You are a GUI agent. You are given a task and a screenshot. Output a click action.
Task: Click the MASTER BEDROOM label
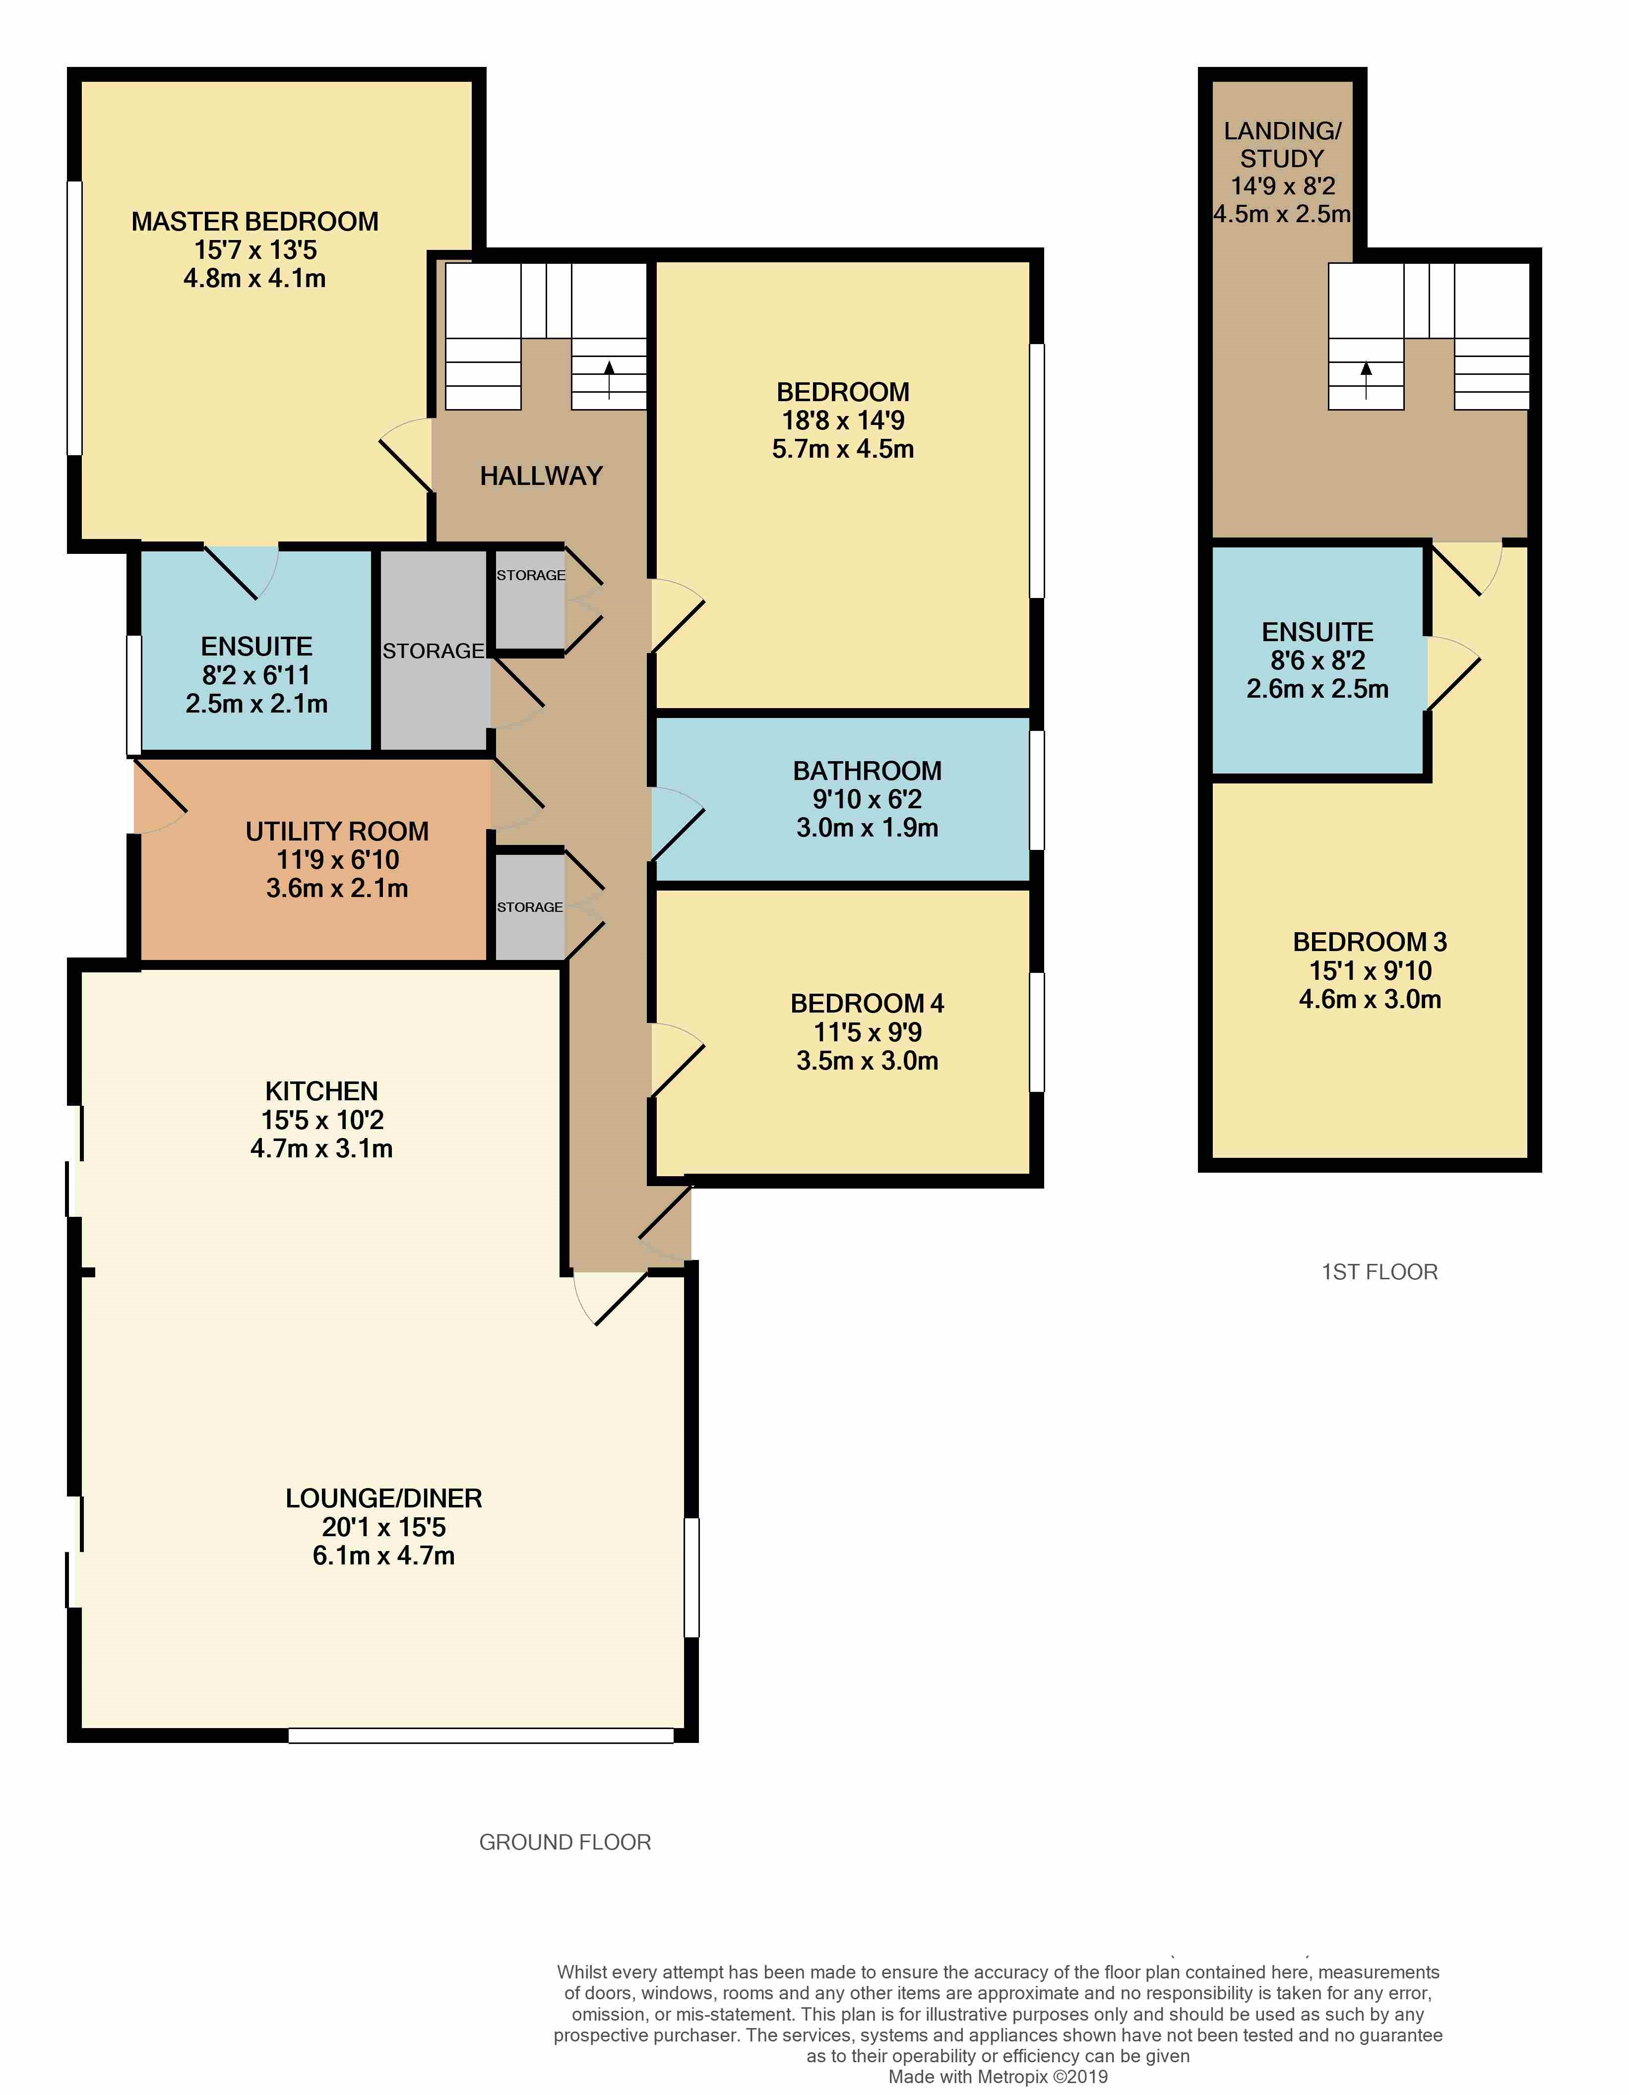[254, 222]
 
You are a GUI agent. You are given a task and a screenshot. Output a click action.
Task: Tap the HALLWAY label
[541, 476]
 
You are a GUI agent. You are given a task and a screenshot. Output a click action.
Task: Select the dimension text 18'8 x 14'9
[842, 420]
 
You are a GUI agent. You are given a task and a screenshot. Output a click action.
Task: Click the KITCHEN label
[321, 1091]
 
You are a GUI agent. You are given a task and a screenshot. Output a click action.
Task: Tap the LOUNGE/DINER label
[384, 1498]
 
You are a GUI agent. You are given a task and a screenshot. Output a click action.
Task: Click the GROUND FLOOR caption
[565, 1842]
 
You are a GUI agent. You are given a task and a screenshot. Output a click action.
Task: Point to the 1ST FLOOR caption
[1379, 1272]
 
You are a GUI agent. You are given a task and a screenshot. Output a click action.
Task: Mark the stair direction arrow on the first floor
[1365, 379]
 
